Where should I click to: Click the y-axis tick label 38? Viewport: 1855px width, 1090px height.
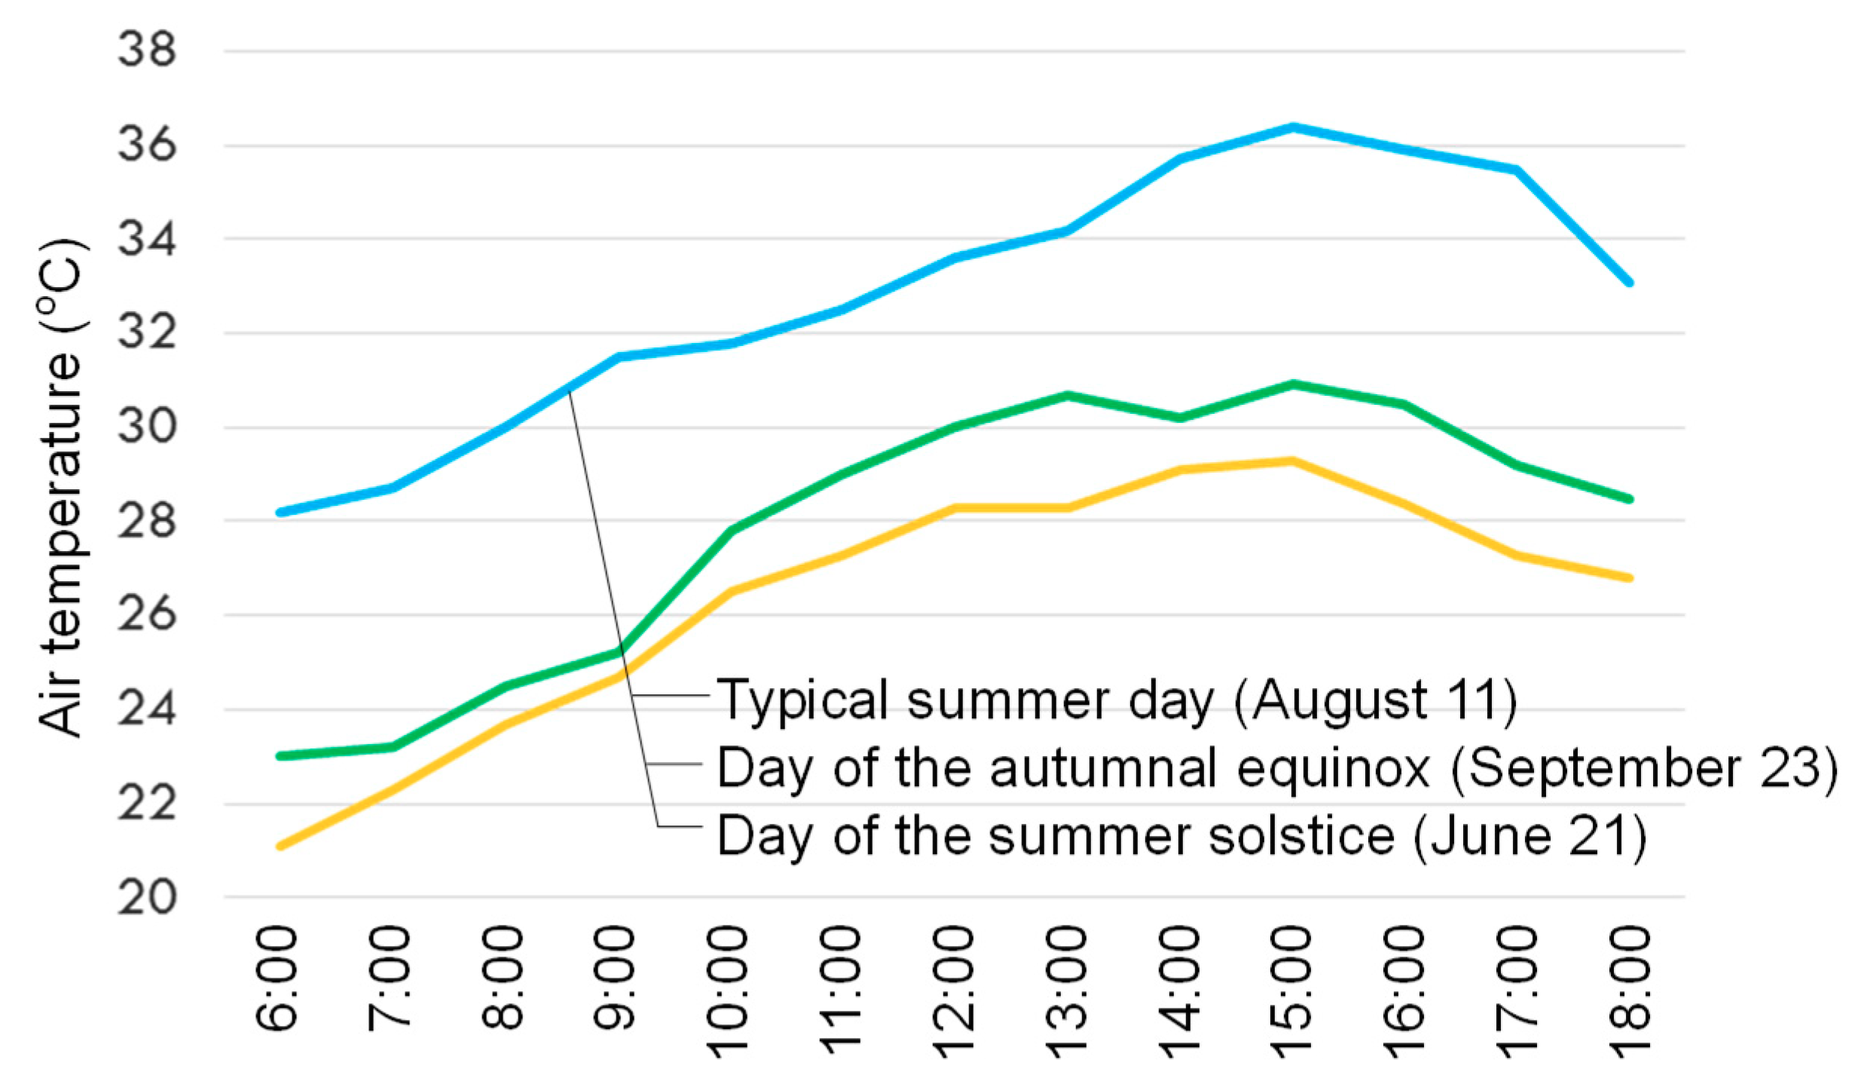click(x=147, y=51)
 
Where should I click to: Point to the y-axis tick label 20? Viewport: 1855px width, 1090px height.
click(x=147, y=898)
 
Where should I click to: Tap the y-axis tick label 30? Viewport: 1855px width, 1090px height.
click(x=147, y=427)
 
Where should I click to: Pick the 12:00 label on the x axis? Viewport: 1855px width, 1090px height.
click(x=954, y=991)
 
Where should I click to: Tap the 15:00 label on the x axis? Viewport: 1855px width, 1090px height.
click(x=1292, y=991)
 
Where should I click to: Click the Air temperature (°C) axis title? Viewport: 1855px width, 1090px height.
click(x=60, y=488)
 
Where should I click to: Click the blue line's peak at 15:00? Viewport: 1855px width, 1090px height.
click(x=1292, y=127)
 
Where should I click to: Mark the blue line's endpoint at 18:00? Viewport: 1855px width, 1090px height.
click(x=1629, y=283)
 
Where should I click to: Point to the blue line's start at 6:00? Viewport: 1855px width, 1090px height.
click(x=280, y=513)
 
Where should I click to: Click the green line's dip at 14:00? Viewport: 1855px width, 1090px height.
click(x=1180, y=418)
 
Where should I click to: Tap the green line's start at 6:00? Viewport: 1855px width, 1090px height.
click(x=280, y=755)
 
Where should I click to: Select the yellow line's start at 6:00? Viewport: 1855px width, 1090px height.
click(x=280, y=846)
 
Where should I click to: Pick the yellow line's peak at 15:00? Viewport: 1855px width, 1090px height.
click(x=1292, y=461)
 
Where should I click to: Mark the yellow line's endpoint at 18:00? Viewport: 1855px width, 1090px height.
click(x=1629, y=578)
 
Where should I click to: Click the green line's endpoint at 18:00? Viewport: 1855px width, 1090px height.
click(x=1629, y=499)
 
